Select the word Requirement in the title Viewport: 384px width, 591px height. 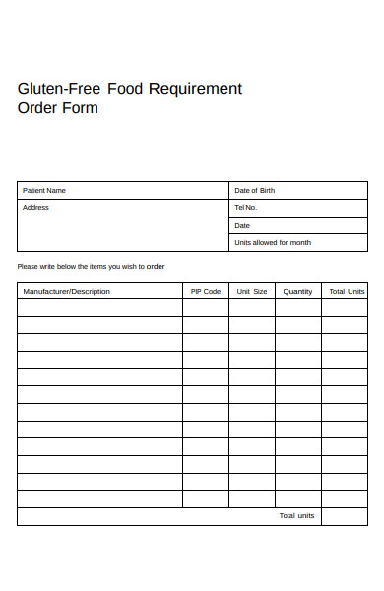coord(194,89)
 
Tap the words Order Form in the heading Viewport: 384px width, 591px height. coord(58,108)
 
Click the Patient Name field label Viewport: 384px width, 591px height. coord(44,190)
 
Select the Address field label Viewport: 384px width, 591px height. coord(35,208)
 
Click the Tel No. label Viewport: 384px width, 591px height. coord(245,208)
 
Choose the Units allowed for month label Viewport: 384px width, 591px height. coord(273,242)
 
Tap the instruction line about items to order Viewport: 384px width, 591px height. coord(91,267)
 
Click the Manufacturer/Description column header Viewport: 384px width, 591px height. coord(67,291)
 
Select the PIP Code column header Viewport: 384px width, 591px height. coord(206,291)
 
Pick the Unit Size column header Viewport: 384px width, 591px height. coord(252,291)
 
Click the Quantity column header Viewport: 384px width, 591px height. coord(297,291)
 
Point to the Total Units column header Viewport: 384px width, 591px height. coord(347,291)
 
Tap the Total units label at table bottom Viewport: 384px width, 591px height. coord(296,516)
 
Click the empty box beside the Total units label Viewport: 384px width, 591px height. coord(345,516)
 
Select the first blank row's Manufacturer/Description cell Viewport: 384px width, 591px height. coord(99,307)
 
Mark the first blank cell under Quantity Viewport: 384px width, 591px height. coord(297,307)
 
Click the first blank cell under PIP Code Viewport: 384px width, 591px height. coord(206,307)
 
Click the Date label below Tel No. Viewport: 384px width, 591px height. coord(242,226)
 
